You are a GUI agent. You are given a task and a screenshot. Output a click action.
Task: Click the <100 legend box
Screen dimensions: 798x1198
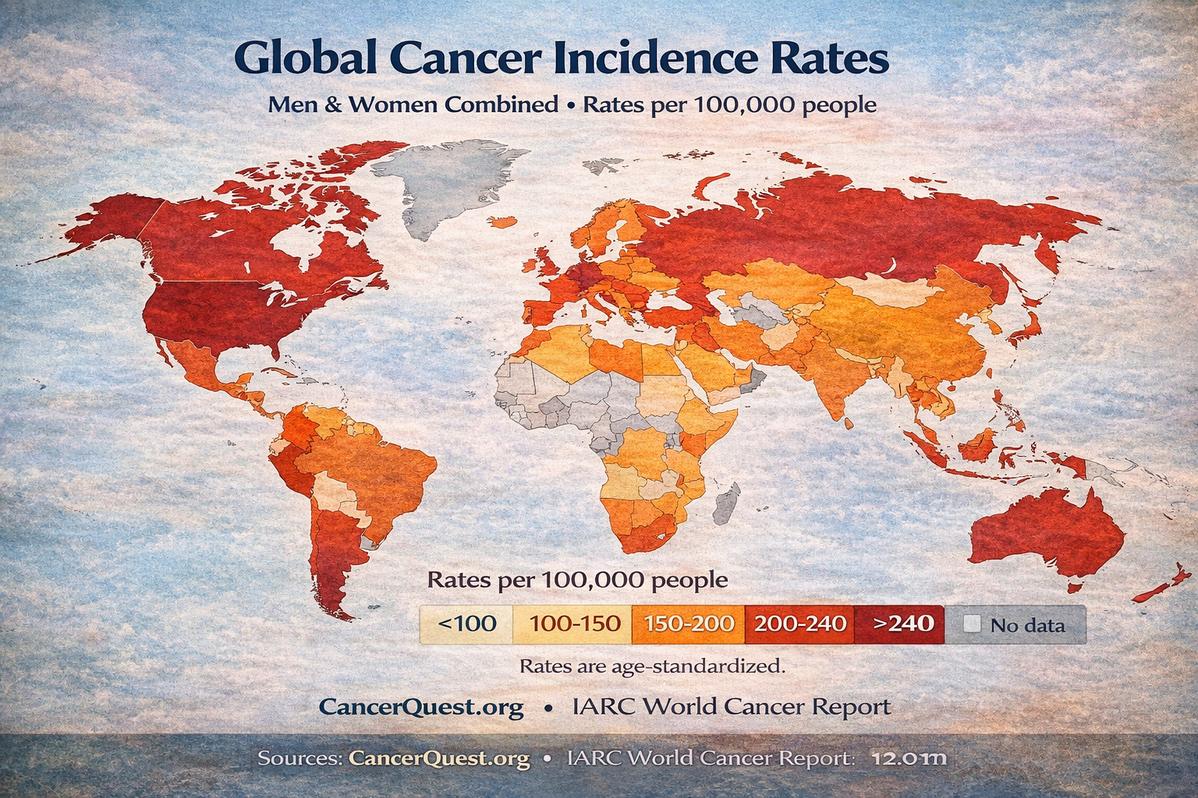[466, 624]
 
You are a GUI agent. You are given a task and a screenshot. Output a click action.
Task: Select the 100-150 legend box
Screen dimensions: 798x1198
[575, 624]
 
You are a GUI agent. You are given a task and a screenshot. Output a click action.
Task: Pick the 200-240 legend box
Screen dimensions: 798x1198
[800, 624]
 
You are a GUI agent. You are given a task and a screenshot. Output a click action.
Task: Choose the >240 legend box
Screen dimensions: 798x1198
[902, 624]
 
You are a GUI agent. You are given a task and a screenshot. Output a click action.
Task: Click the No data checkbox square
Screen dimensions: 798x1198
[972, 624]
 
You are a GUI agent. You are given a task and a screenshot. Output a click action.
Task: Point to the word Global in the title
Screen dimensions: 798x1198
[305, 59]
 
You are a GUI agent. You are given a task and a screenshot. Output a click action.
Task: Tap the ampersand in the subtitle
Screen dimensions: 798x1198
[333, 104]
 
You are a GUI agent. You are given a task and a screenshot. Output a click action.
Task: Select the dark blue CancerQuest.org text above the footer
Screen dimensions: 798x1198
[421, 707]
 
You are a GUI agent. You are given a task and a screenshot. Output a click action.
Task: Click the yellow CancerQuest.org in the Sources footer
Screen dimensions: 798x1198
[439, 757]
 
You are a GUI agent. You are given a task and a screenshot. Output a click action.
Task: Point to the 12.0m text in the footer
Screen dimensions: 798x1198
[909, 757]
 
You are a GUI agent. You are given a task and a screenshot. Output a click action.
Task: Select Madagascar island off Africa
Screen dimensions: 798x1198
[726, 502]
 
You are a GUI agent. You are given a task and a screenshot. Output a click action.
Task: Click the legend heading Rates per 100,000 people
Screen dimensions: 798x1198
[577, 580]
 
